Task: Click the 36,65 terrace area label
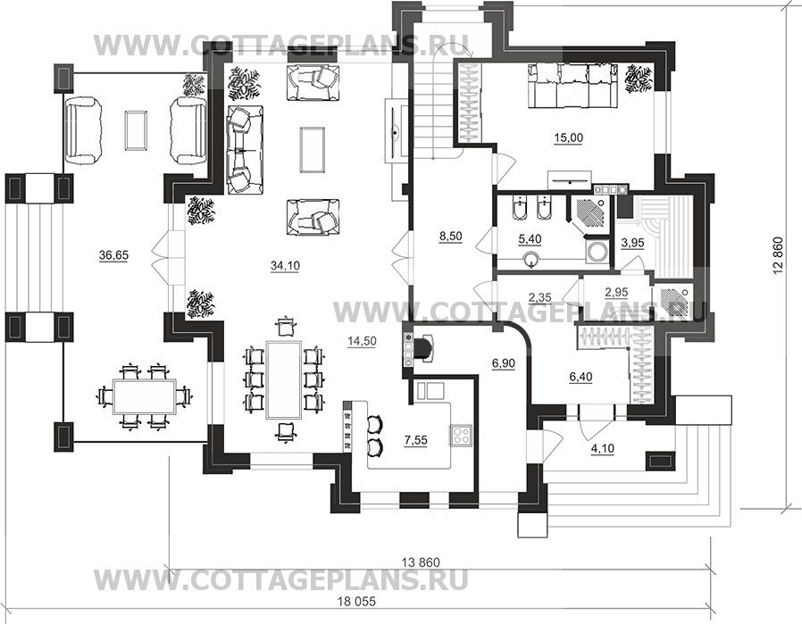tap(113, 255)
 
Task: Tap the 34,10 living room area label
tap(286, 265)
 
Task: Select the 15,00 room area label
tap(568, 137)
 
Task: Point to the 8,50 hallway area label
tap(451, 236)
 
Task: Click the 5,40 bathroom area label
tap(530, 238)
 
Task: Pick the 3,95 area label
tap(632, 243)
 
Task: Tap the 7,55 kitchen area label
tap(415, 440)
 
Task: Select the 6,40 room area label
tap(581, 377)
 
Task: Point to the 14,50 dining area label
tap(362, 342)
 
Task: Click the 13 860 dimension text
tap(421, 562)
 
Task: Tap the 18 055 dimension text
tap(356, 602)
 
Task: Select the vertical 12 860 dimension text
tap(779, 256)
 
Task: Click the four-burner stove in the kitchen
tap(462, 436)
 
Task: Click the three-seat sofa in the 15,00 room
tap(574, 86)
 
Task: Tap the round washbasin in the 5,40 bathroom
tap(533, 259)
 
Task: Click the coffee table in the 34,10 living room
tap(313, 150)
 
